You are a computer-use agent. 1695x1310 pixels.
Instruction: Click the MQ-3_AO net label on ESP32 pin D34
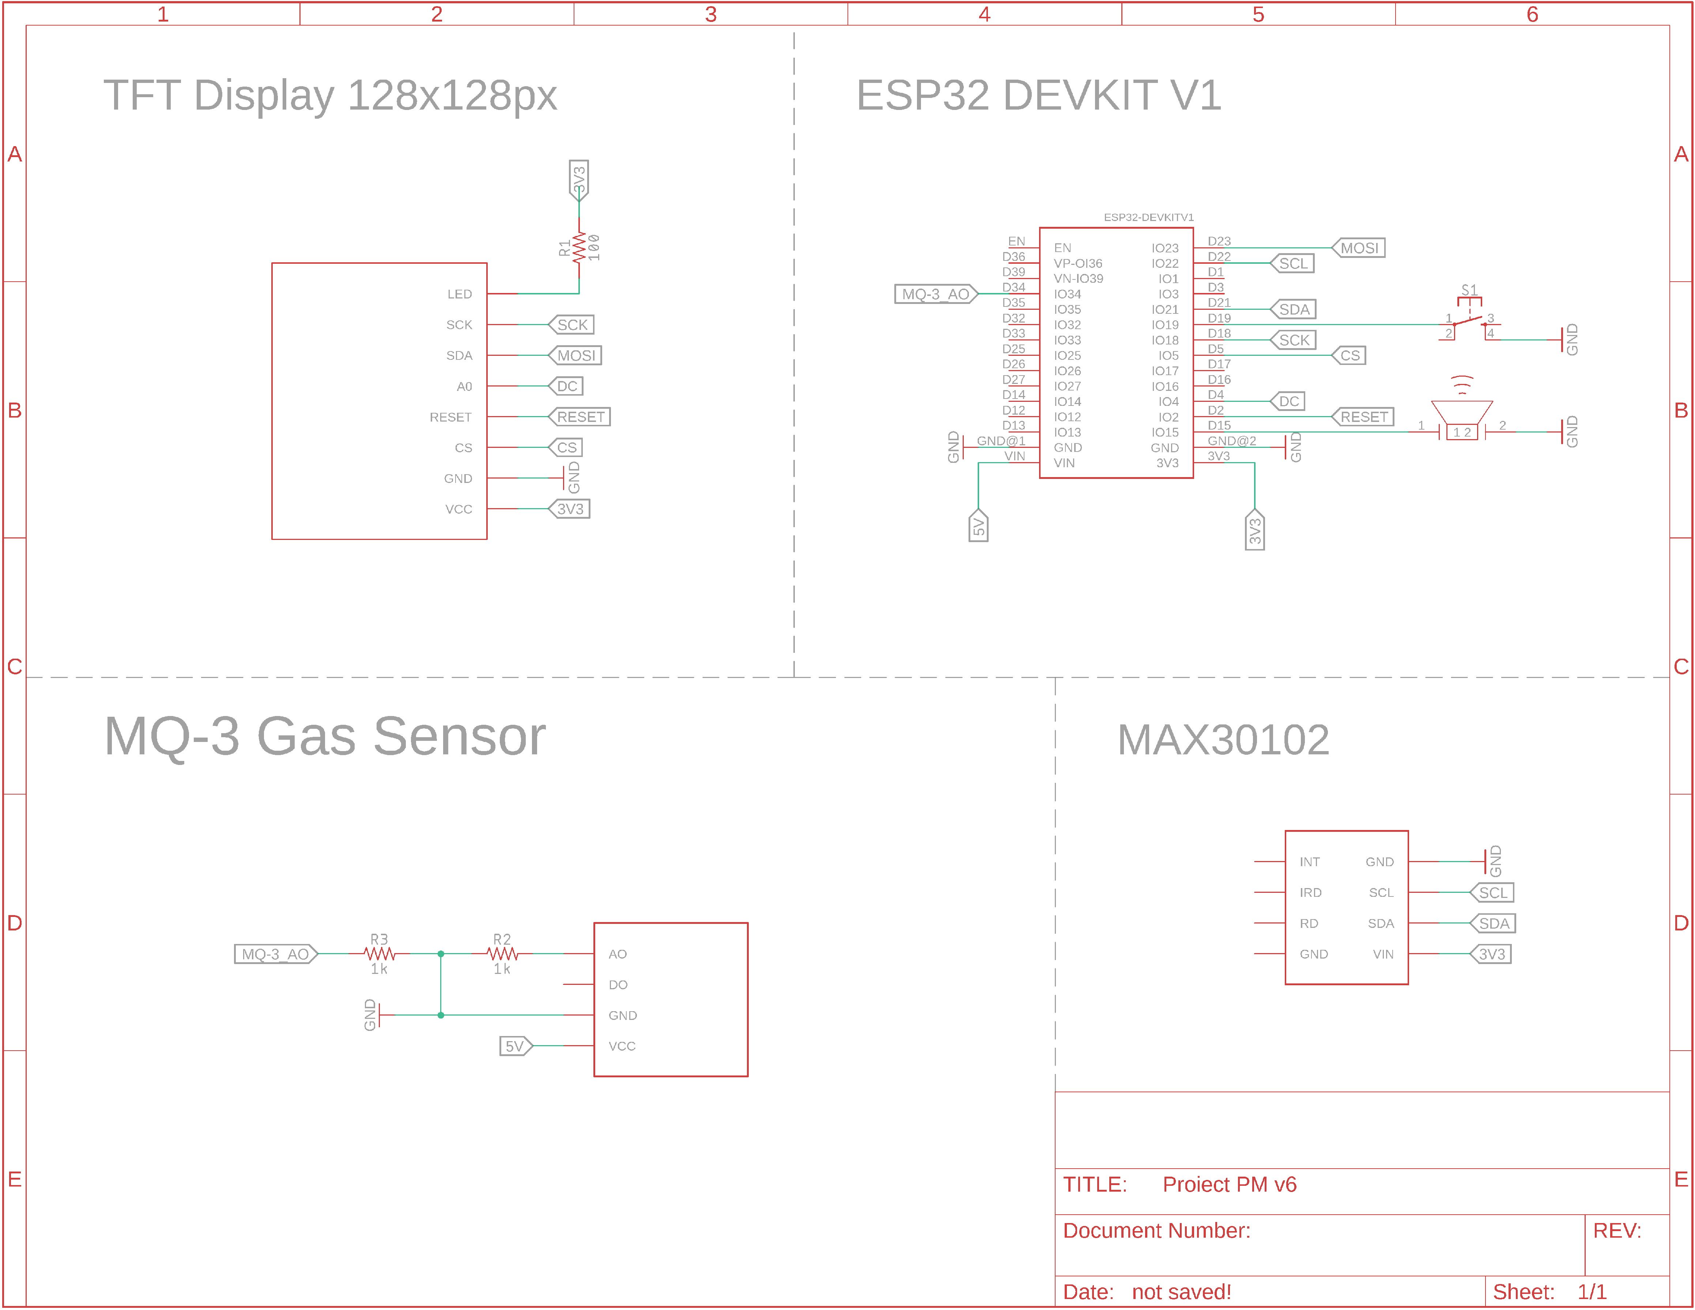(x=935, y=294)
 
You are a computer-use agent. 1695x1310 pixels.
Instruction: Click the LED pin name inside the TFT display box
(x=460, y=294)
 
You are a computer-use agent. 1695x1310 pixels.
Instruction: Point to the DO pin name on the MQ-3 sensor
(x=618, y=985)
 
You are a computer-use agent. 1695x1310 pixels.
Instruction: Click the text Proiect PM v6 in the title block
(x=1229, y=1184)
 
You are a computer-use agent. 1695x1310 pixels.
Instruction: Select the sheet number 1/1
(x=1592, y=1292)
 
